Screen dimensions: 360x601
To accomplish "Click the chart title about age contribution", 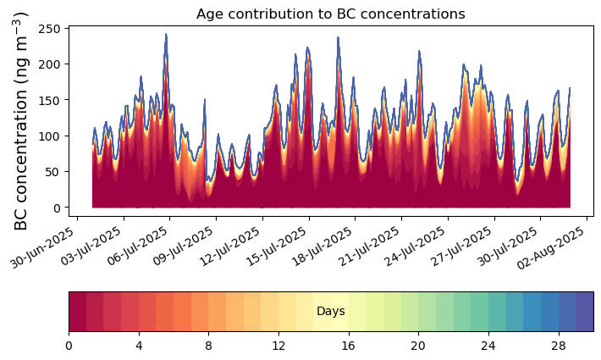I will coord(330,14).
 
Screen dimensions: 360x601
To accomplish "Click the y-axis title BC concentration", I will coord(22,121).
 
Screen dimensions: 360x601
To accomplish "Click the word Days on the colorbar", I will coord(330,312).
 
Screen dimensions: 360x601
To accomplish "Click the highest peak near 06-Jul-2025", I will coord(166,35).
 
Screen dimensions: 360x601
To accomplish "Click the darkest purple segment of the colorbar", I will coord(584,312).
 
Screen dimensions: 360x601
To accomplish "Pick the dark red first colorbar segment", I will coord(77,312).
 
